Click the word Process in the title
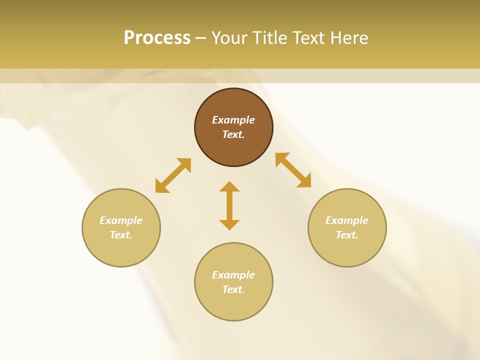click(157, 38)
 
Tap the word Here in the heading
click(348, 38)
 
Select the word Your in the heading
click(230, 38)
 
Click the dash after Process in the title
click(200, 38)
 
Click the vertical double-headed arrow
click(229, 205)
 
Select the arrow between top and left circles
click(173, 175)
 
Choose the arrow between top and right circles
click(293, 170)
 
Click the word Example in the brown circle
click(233, 120)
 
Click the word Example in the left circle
click(121, 220)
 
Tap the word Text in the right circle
click(346, 235)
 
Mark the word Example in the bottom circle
click(233, 275)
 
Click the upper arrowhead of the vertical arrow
click(229, 186)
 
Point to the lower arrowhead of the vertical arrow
click(229, 224)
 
